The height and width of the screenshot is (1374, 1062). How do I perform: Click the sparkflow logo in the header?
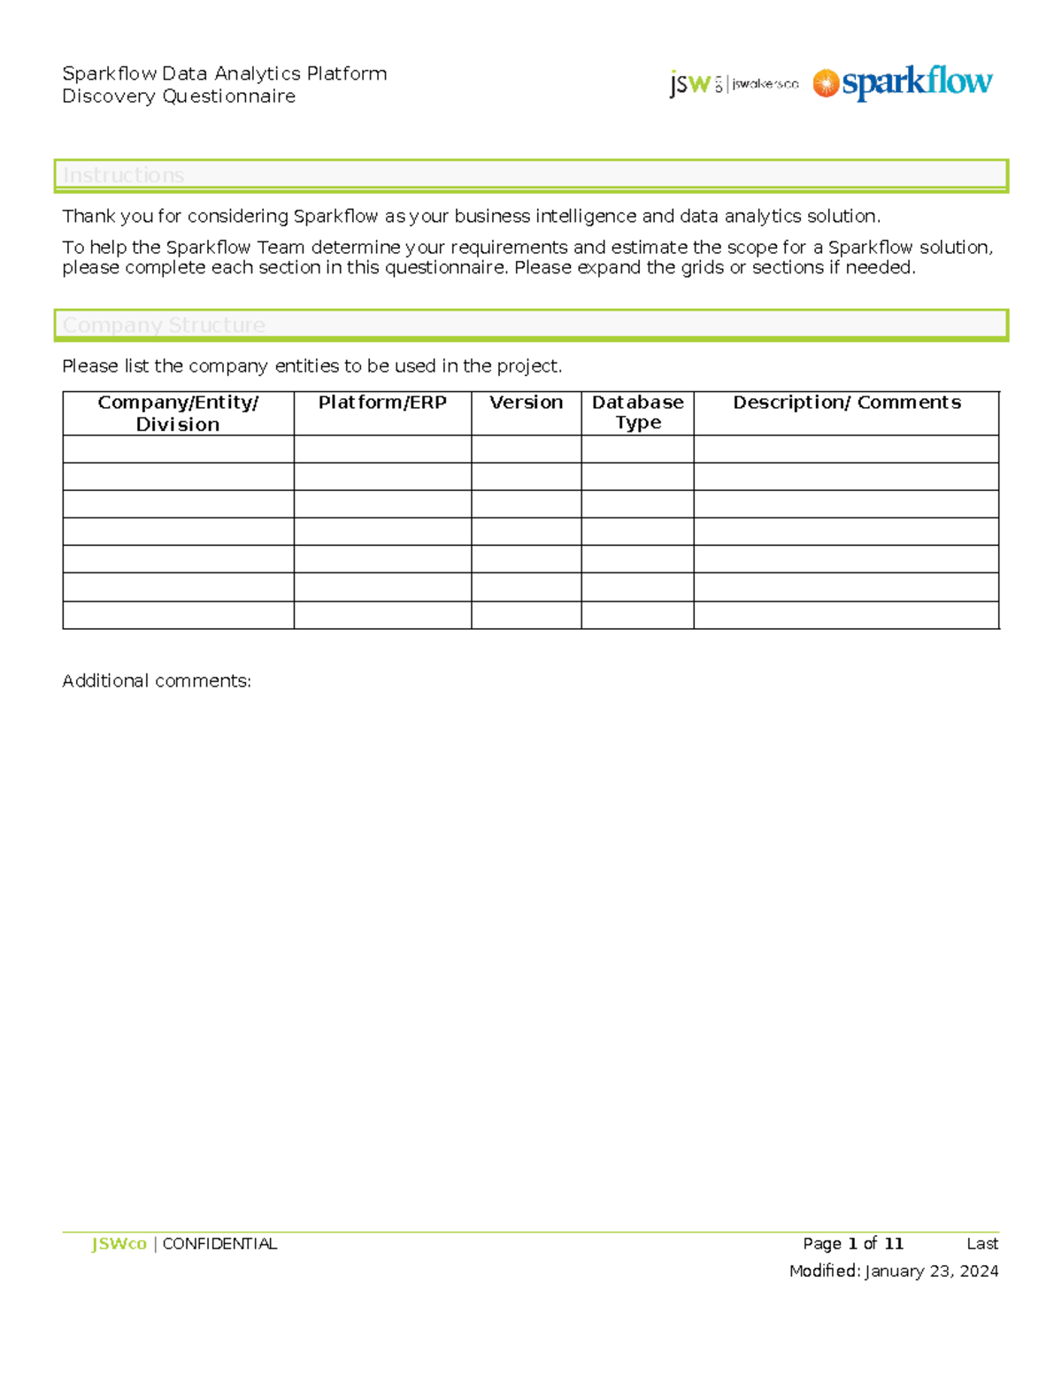coord(903,83)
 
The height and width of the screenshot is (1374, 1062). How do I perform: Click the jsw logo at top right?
coord(734,84)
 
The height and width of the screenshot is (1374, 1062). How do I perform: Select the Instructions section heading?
coord(124,175)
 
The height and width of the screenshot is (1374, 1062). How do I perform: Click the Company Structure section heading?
coord(164,325)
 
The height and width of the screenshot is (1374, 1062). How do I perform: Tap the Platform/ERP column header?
coord(382,403)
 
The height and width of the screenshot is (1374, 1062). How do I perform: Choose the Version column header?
coord(526,403)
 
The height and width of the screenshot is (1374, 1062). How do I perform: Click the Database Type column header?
coord(637,412)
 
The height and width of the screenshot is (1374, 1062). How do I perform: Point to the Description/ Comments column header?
coord(846,403)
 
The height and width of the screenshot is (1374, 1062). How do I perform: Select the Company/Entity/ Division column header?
coord(178,413)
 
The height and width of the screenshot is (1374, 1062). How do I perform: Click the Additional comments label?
coord(157,680)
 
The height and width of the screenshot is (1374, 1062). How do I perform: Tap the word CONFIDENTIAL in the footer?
coord(219,1244)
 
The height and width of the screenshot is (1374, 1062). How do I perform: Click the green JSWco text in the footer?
coord(119,1244)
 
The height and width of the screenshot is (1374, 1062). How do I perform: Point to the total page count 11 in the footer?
coord(893,1244)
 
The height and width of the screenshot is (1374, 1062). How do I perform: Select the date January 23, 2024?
coord(931,1271)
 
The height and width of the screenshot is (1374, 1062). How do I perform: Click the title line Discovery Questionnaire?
coord(179,96)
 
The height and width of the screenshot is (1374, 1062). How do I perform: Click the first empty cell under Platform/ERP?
coord(382,449)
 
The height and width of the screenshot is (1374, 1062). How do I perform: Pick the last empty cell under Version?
coord(526,615)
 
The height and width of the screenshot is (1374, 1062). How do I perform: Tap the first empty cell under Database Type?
coord(637,449)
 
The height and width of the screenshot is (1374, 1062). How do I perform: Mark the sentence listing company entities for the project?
coord(312,366)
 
